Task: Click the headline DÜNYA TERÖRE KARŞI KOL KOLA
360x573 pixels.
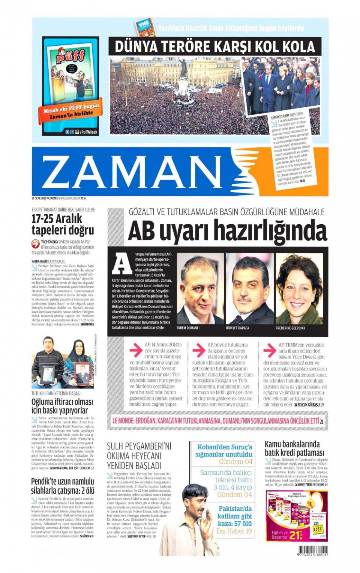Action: [215, 47]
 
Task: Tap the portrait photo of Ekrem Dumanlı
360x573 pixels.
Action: [199, 289]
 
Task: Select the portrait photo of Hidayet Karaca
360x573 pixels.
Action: [249, 289]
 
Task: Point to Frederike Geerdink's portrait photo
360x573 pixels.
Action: [299, 289]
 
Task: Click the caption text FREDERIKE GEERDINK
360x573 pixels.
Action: [290, 328]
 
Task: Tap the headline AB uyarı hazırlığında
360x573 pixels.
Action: [227, 231]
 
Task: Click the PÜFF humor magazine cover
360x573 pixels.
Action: [70, 85]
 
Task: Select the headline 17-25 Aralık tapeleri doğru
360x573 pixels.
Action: [63, 225]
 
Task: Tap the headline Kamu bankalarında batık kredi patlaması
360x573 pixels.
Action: [294, 448]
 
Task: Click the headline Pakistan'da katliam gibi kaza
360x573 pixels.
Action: [235, 516]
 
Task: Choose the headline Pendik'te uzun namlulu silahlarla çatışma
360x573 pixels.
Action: [63, 486]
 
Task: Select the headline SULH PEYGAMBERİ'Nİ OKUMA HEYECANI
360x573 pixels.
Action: [139, 456]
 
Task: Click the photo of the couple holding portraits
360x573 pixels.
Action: [63, 363]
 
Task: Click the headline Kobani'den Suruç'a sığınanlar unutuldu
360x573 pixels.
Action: [224, 450]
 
